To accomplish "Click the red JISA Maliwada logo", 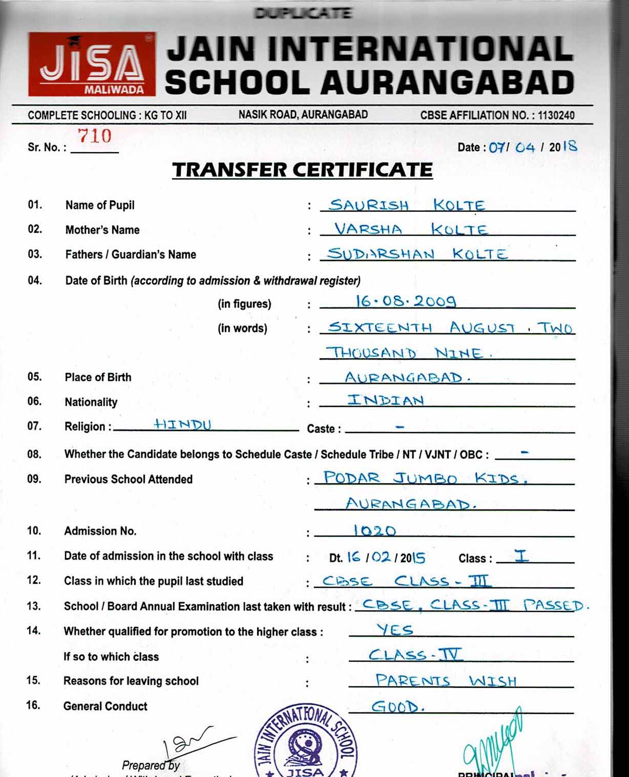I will click(x=92, y=65).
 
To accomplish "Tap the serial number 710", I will click(x=94, y=136).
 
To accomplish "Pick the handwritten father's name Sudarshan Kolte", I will click(x=417, y=254).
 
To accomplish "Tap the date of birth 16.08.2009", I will click(x=405, y=301).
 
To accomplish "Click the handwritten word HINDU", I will click(x=182, y=424).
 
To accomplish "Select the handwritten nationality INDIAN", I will click(x=386, y=400).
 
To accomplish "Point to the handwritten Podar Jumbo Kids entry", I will click(x=425, y=478).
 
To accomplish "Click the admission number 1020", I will click(x=375, y=530).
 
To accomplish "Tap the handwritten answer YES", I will click(x=394, y=629).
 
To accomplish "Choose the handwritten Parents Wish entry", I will click(x=446, y=681).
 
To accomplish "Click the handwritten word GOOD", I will click(x=397, y=707).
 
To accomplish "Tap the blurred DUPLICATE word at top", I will click(x=303, y=13).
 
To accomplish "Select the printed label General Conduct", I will click(x=105, y=706).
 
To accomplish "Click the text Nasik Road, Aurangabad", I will click(x=303, y=115).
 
